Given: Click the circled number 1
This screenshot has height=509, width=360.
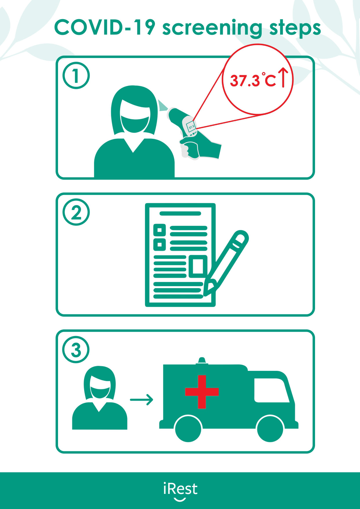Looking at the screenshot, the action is pyautogui.click(x=76, y=76).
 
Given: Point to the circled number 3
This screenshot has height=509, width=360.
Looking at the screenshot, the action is pyautogui.click(x=76, y=350).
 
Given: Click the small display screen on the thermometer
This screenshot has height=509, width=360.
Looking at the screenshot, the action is pyautogui.click(x=191, y=127).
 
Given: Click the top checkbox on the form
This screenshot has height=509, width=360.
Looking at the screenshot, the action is pyautogui.click(x=159, y=230).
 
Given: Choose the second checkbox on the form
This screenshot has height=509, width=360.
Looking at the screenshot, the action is pyautogui.click(x=159, y=244).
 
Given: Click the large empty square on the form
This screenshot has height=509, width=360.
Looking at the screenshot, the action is pyautogui.click(x=198, y=266).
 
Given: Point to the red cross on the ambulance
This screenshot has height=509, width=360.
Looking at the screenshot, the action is pyautogui.click(x=202, y=392).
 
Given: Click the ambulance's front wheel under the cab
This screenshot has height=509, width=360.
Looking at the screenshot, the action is pyautogui.click(x=270, y=428).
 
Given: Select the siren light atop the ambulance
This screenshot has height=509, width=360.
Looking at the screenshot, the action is pyautogui.click(x=202, y=361).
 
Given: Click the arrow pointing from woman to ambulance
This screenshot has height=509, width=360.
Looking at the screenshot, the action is pyautogui.click(x=141, y=400).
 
